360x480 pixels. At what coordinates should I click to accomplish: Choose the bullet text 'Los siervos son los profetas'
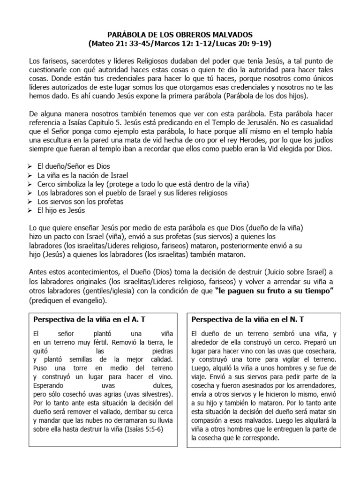point(80,202)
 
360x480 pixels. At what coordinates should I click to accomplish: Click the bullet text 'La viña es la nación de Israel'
point(83,175)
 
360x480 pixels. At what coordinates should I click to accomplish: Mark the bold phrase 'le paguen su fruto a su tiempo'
point(274,292)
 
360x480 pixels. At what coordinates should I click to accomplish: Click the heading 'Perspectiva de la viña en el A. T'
point(90,319)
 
